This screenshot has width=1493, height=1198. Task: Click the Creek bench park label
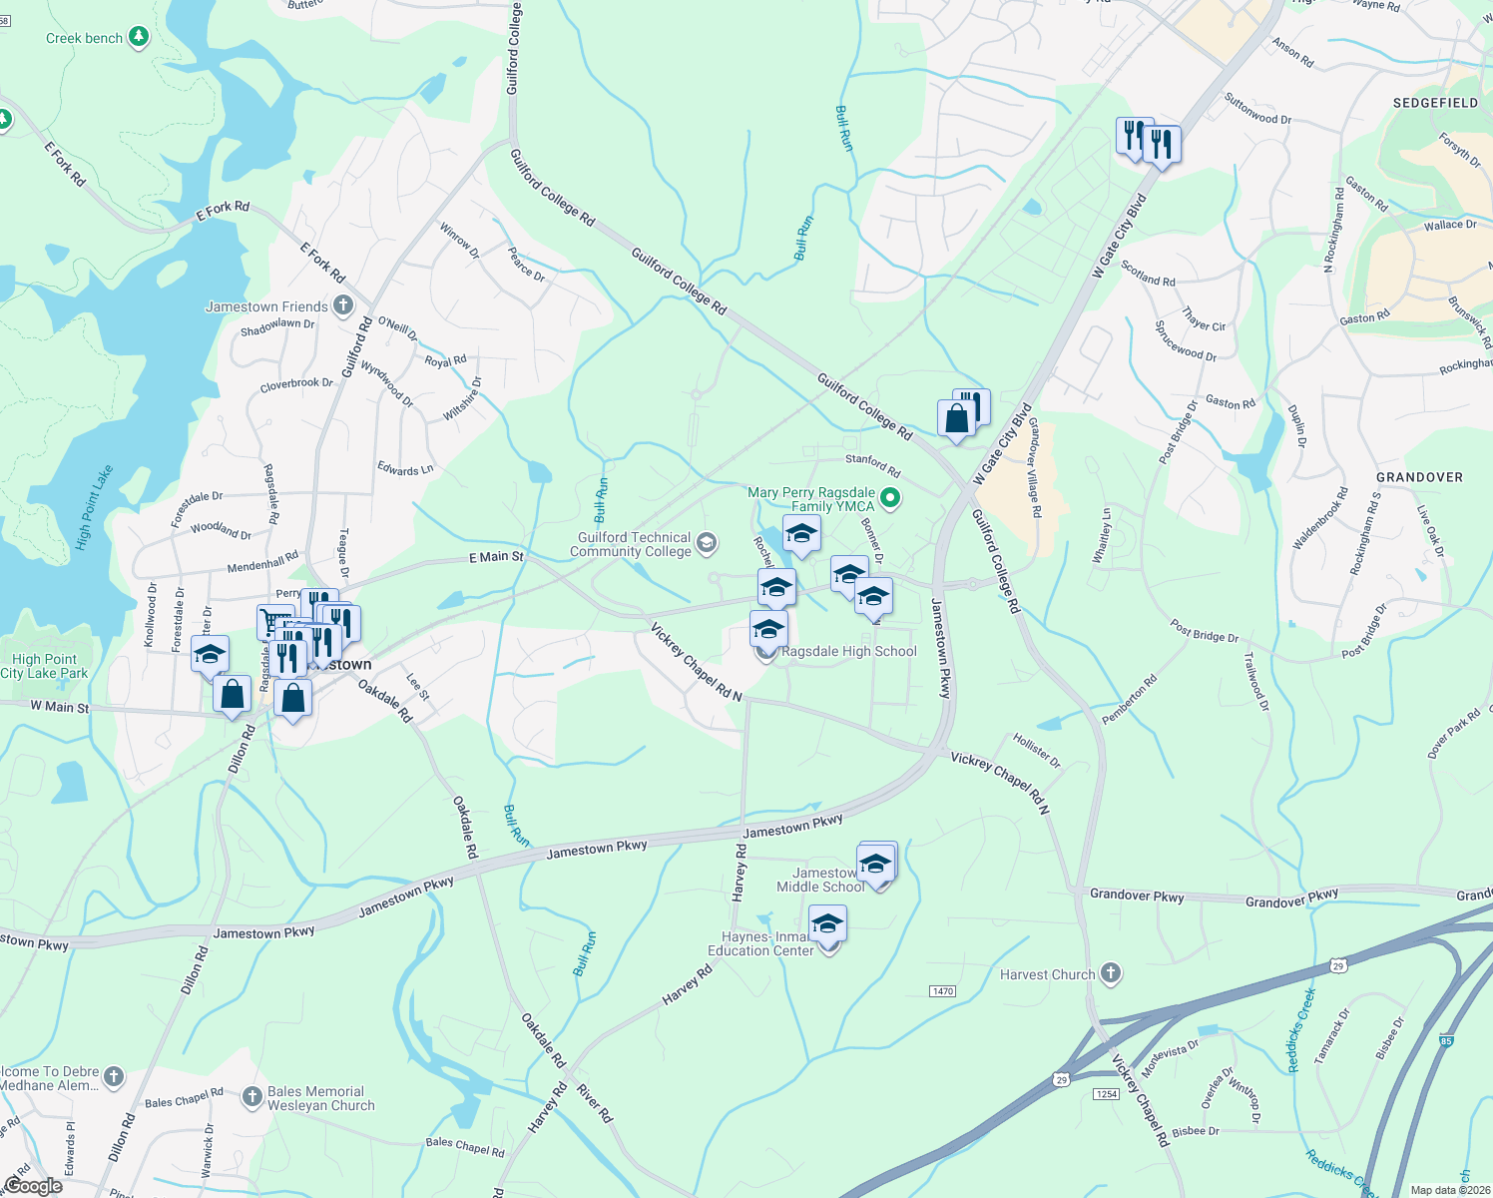click(x=84, y=39)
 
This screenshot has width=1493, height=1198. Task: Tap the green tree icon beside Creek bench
click(x=139, y=38)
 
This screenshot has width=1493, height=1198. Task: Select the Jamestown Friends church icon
click(x=343, y=305)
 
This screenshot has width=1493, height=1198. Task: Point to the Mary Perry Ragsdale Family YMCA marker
click(x=891, y=497)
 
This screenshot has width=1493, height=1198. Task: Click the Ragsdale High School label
click(x=849, y=652)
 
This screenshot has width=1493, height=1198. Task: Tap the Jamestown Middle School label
click(x=820, y=880)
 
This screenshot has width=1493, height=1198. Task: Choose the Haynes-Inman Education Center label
click(x=761, y=943)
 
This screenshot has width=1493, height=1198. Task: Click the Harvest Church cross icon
click(x=1111, y=973)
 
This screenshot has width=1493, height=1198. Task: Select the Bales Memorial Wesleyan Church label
click(x=320, y=1098)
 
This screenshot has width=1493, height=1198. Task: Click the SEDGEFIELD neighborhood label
click(x=1435, y=103)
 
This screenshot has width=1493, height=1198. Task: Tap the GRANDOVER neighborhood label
click(x=1419, y=477)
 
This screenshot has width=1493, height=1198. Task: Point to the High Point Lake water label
click(x=95, y=507)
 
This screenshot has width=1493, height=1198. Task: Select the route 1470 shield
click(x=942, y=991)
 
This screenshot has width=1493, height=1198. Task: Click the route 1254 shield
click(x=1106, y=1094)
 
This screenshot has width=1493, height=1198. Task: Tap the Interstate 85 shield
click(x=1446, y=1042)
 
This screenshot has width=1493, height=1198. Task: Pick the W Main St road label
click(x=60, y=707)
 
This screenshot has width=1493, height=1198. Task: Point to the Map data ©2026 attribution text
click(x=1449, y=1190)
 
